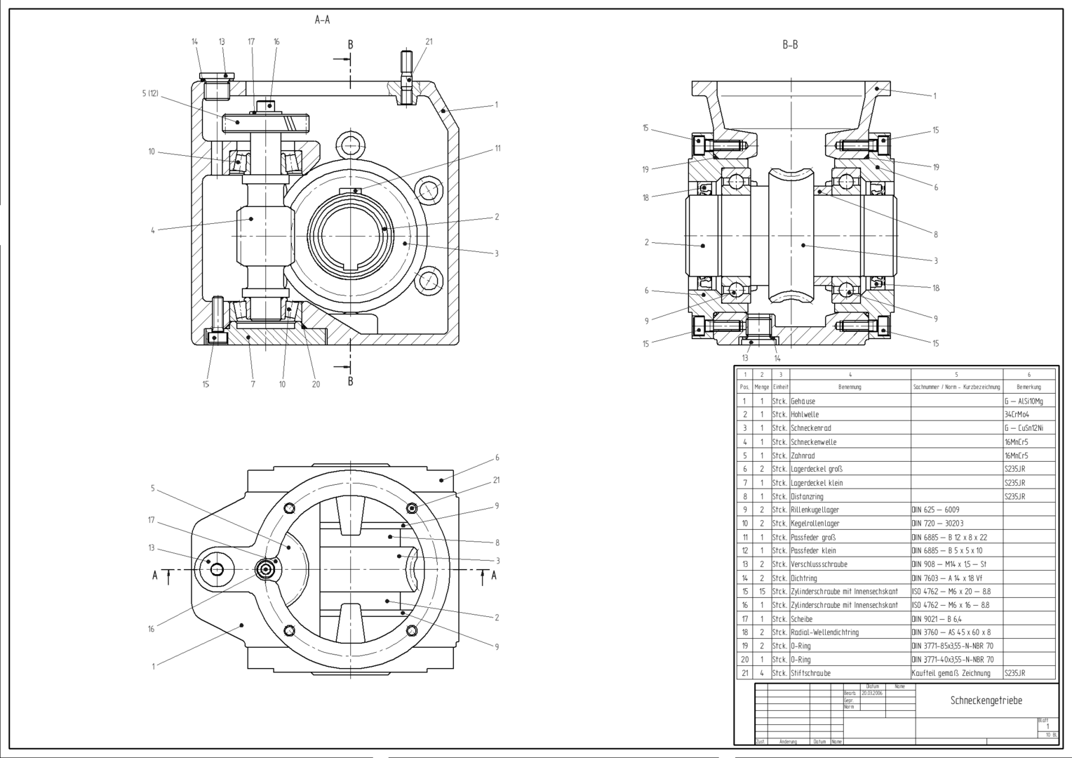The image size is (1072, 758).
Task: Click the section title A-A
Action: point(322,20)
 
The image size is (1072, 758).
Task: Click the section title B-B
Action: point(790,45)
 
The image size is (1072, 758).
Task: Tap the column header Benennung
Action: point(850,387)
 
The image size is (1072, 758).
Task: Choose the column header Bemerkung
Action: point(1029,387)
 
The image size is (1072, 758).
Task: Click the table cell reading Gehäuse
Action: point(803,401)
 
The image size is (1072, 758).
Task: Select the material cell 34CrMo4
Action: point(1017,415)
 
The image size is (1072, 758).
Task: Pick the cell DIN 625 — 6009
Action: point(936,510)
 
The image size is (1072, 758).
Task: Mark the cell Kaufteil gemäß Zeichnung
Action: point(951,673)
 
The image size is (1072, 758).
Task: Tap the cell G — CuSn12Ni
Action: point(1023,428)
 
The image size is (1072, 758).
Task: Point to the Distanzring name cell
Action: point(807,497)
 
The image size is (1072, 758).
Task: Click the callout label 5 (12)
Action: point(150,93)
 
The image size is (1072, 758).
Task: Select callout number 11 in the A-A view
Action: point(497,148)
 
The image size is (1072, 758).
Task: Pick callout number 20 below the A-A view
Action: point(316,384)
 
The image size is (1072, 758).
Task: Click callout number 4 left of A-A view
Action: point(152,230)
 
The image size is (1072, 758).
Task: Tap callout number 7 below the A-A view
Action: point(253,384)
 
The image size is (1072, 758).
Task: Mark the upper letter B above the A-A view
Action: point(350,45)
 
